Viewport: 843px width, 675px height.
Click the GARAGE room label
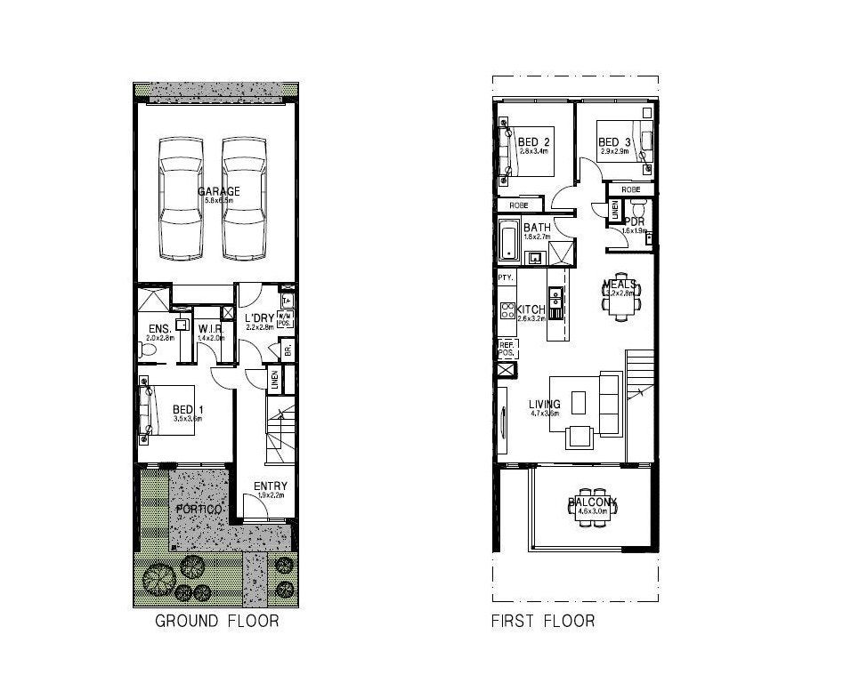pyautogui.click(x=218, y=191)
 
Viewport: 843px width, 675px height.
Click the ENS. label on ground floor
pyautogui.click(x=159, y=330)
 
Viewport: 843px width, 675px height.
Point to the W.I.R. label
pyautogui.click(x=210, y=330)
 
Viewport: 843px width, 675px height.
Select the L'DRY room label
pyautogui.click(x=258, y=319)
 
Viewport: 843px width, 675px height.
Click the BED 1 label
pyautogui.click(x=188, y=410)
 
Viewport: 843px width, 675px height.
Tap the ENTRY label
pyautogui.click(x=270, y=486)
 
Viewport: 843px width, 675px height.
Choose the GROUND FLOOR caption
pyautogui.click(x=216, y=621)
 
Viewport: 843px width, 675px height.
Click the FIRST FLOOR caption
pyautogui.click(x=543, y=621)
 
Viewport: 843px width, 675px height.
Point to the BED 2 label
pyautogui.click(x=533, y=142)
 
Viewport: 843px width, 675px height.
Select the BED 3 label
pyautogui.click(x=614, y=142)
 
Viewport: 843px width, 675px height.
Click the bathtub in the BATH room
pyautogui.click(x=508, y=241)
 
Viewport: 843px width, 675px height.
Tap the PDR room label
pyautogui.click(x=635, y=221)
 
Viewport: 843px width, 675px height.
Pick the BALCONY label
pyautogui.click(x=592, y=503)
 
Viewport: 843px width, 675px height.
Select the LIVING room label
pyautogui.click(x=544, y=405)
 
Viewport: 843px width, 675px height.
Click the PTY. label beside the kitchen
pyautogui.click(x=506, y=278)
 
